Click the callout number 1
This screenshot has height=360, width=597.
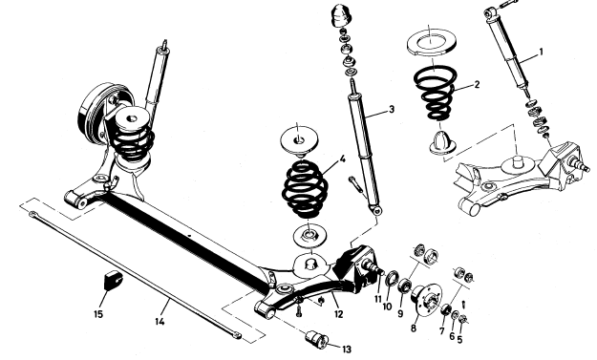point(542,53)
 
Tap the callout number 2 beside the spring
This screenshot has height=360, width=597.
point(477,84)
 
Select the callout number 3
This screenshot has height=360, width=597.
point(392,110)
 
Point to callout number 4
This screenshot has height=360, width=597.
point(342,159)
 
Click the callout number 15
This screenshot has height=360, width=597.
point(460,339)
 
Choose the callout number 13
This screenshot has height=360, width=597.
point(346,349)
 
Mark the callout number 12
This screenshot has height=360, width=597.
point(338,314)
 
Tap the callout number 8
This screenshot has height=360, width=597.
point(414,328)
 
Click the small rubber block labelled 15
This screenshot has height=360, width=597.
point(113,280)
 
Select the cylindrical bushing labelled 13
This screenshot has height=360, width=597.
point(317,339)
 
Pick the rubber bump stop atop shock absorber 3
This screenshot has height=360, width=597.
point(340,15)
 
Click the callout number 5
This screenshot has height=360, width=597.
point(460,339)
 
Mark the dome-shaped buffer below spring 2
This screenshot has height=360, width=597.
point(443,142)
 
